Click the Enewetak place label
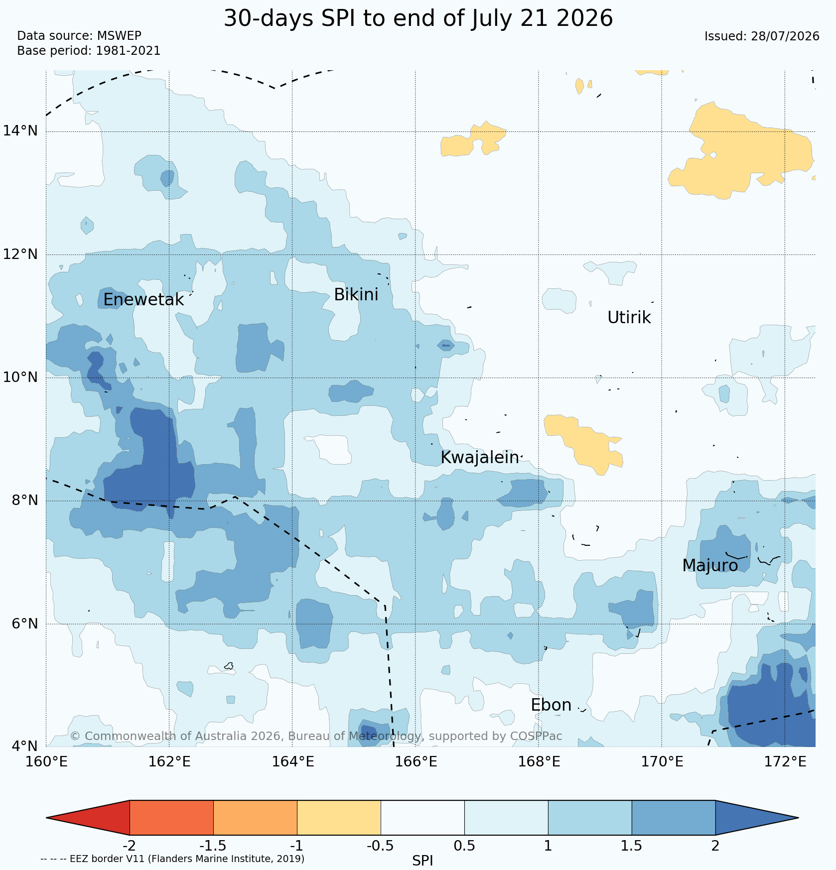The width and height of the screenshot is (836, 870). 143,300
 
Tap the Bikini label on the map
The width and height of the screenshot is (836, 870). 356,295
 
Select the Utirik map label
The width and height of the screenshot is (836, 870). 629,317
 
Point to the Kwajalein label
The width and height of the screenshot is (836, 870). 480,458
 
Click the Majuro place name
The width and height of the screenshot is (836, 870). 710,566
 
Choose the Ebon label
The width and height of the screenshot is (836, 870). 551,705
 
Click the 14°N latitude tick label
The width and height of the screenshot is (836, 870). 20,131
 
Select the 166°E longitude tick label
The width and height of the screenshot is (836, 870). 416,762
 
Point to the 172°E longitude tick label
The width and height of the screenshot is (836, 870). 785,762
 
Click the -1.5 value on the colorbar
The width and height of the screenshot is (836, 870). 213,846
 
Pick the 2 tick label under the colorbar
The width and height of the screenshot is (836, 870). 715,846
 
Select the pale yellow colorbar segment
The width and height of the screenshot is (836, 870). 339,817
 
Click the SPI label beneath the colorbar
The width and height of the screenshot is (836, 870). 422,861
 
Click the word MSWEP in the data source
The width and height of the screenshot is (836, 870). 119,36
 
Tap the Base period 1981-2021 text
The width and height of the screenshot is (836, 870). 89,51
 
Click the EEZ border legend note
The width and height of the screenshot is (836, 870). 172,859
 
